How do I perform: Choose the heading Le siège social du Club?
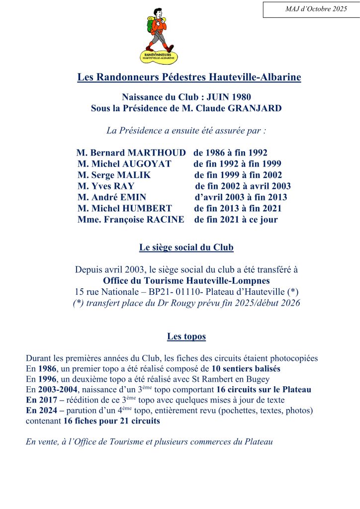click(x=186, y=247)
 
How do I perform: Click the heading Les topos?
click(x=186, y=337)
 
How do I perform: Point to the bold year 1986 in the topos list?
click(x=48, y=368)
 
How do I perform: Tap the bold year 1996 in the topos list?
click(x=48, y=379)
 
